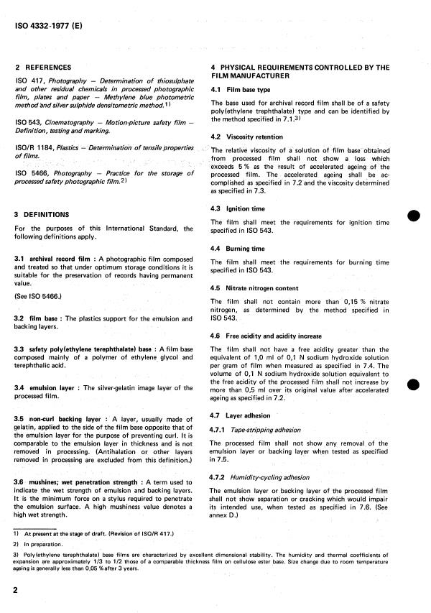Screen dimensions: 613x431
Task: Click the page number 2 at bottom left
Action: click(18, 589)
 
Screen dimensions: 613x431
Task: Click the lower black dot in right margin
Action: click(412, 384)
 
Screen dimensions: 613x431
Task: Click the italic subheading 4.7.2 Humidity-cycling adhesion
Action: click(264, 477)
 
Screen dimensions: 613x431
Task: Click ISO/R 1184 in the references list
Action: click(34, 148)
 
